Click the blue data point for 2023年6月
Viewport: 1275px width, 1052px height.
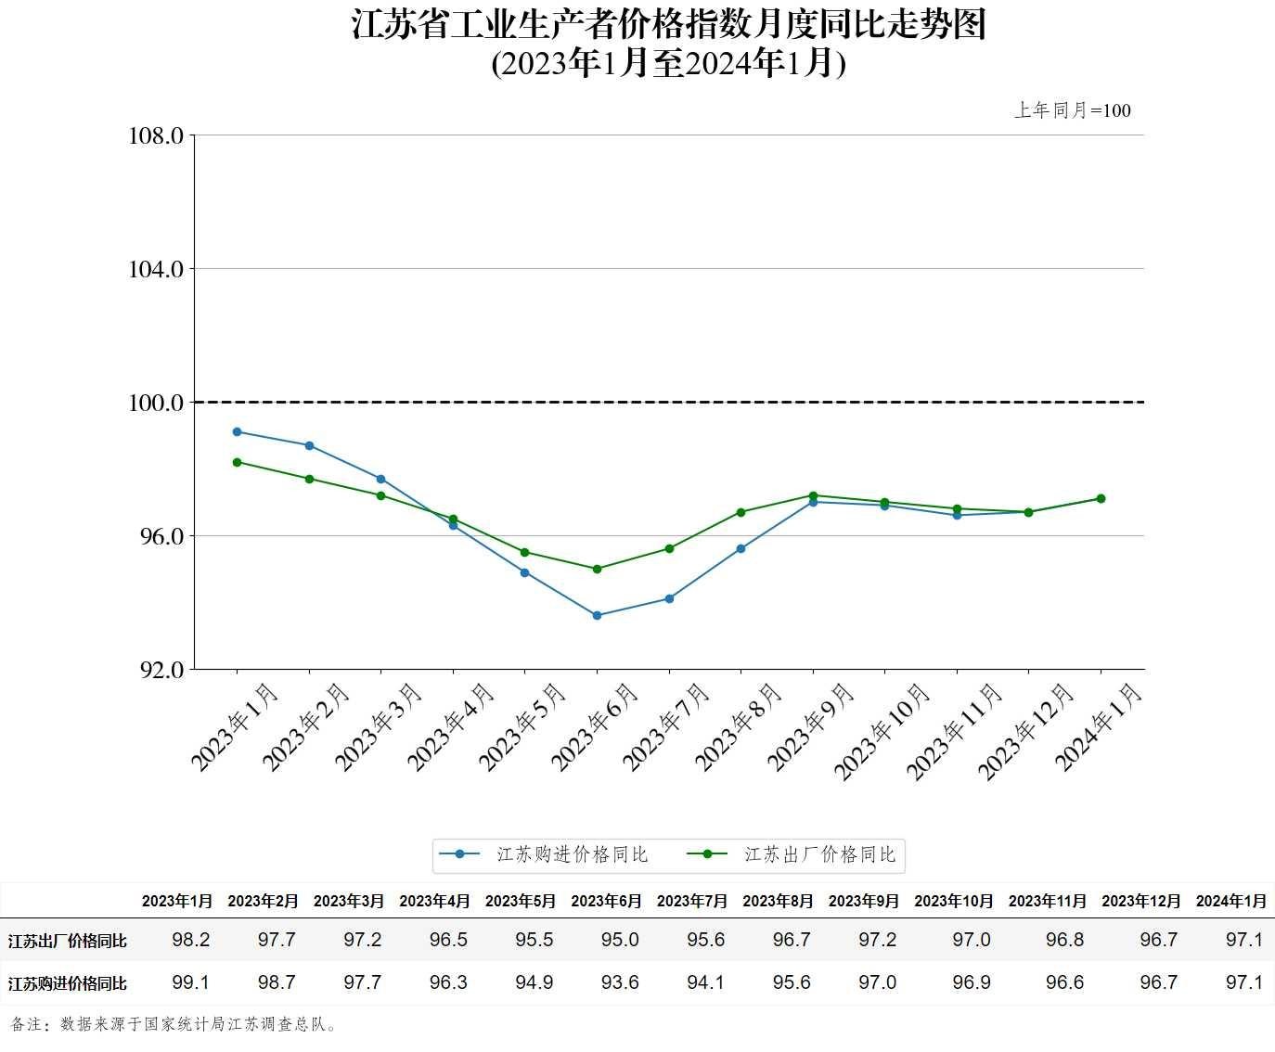coord(597,615)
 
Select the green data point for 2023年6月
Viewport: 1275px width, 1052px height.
coord(597,569)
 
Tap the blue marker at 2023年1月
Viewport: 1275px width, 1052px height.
coord(237,431)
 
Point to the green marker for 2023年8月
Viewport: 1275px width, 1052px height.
coord(741,512)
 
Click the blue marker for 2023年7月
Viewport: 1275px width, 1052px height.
coord(669,598)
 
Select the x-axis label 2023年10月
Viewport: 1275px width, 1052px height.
coord(882,732)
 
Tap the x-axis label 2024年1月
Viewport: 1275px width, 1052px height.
coord(1100,727)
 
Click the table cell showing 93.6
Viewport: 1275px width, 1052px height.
coord(620,982)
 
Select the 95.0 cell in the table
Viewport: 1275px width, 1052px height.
coord(620,940)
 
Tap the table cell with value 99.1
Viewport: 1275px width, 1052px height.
coord(191,982)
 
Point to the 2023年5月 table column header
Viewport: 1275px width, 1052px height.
coord(521,901)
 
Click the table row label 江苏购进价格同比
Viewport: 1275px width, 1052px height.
coord(67,983)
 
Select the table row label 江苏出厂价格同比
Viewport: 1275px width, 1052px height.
coord(67,941)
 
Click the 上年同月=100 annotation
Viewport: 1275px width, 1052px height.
coord(1072,110)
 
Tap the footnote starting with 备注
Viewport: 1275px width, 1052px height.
coord(175,1024)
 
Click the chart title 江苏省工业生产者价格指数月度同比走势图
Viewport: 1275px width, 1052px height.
coord(668,25)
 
